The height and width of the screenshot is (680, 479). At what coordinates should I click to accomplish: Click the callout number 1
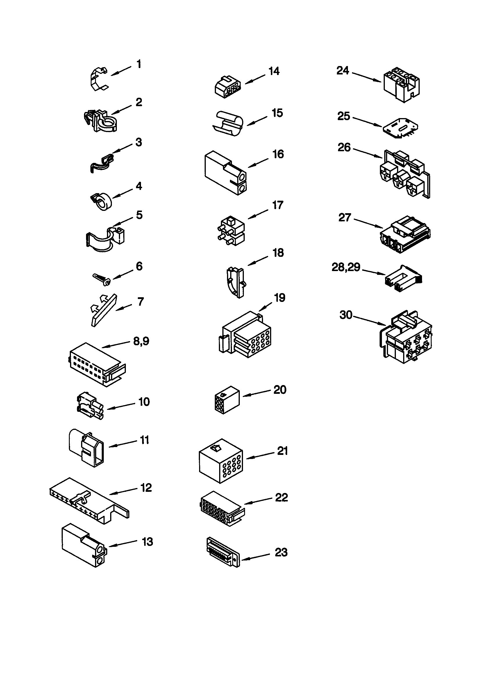pos(139,64)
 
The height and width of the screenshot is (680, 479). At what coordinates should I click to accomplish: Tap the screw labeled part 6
pos(101,279)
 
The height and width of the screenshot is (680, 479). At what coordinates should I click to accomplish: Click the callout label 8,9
pos(141,341)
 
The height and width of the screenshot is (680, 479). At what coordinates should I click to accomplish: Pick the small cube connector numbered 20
pos(227,400)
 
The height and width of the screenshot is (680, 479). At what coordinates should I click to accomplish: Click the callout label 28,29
pos(346,267)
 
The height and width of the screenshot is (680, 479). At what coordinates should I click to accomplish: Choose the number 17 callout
pos(277,205)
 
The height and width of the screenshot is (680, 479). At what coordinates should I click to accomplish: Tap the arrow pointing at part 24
pos(366,77)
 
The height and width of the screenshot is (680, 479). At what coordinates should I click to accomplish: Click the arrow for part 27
pos(369,223)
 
